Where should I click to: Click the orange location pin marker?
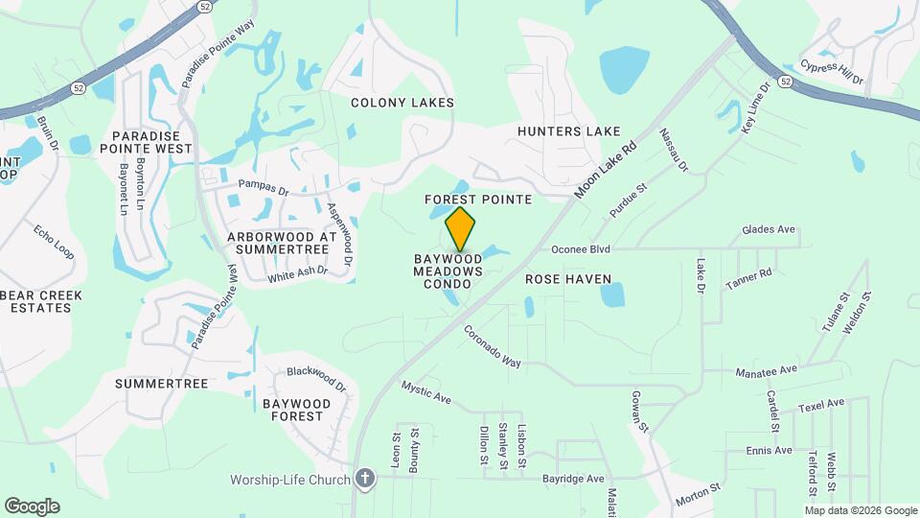coord(460,229)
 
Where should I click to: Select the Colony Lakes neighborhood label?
coord(402,103)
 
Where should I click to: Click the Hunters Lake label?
coord(569,131)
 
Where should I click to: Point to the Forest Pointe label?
coord(477,200)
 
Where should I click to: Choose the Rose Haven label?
coord(568,279)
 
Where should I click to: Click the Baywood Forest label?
coord(296,411)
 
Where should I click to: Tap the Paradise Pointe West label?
coord(151,143)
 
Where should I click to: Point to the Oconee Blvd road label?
coord(581,248)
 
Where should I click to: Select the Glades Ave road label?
coord(769,230)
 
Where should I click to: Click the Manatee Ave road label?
coord(766,370)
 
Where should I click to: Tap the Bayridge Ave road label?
coord(573,478)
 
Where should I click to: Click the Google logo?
coord(32,506)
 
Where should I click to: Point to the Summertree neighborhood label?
coord(161,384)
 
